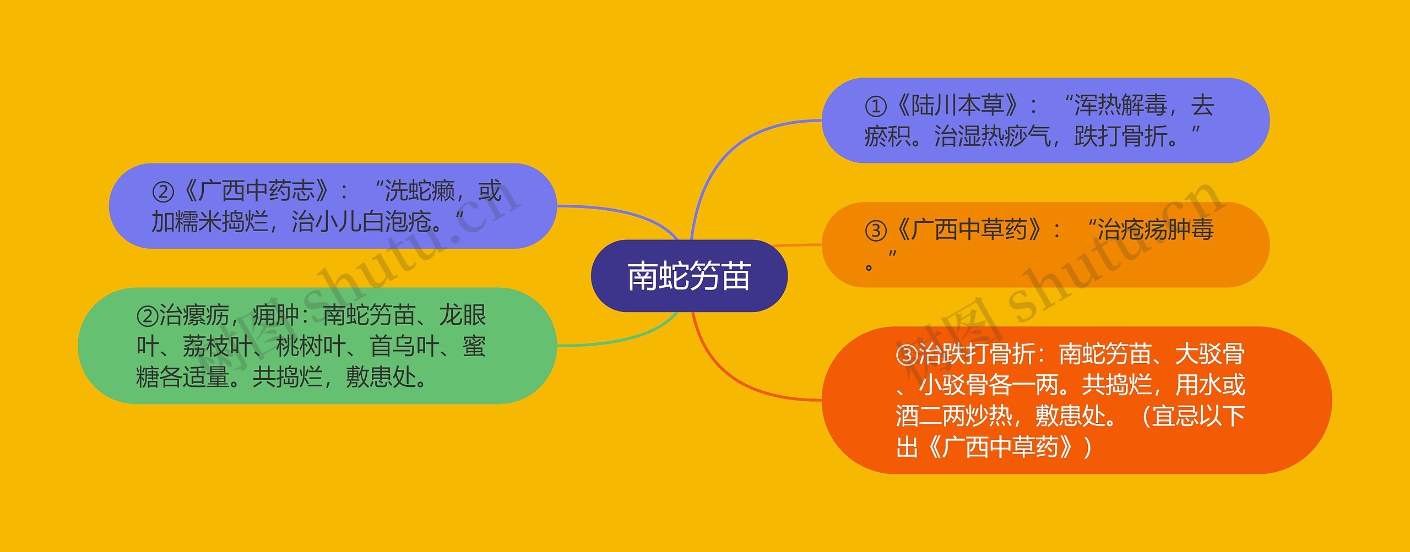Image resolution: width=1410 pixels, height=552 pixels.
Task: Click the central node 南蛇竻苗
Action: point(689,276)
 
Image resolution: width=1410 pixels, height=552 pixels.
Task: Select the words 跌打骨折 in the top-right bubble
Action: point(1121,136)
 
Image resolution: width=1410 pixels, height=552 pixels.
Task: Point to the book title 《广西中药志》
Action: point(257,191)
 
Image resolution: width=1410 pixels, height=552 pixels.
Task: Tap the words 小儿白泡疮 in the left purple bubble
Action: point(361,222)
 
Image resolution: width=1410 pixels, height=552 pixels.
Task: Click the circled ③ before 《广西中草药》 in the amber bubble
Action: point(875,231)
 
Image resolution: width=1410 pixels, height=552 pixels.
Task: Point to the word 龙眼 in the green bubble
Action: point(462,315)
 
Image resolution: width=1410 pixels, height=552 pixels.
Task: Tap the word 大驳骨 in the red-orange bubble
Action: point(1210,354)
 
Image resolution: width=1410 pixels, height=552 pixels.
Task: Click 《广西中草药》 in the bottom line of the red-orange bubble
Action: point(1000,447)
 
